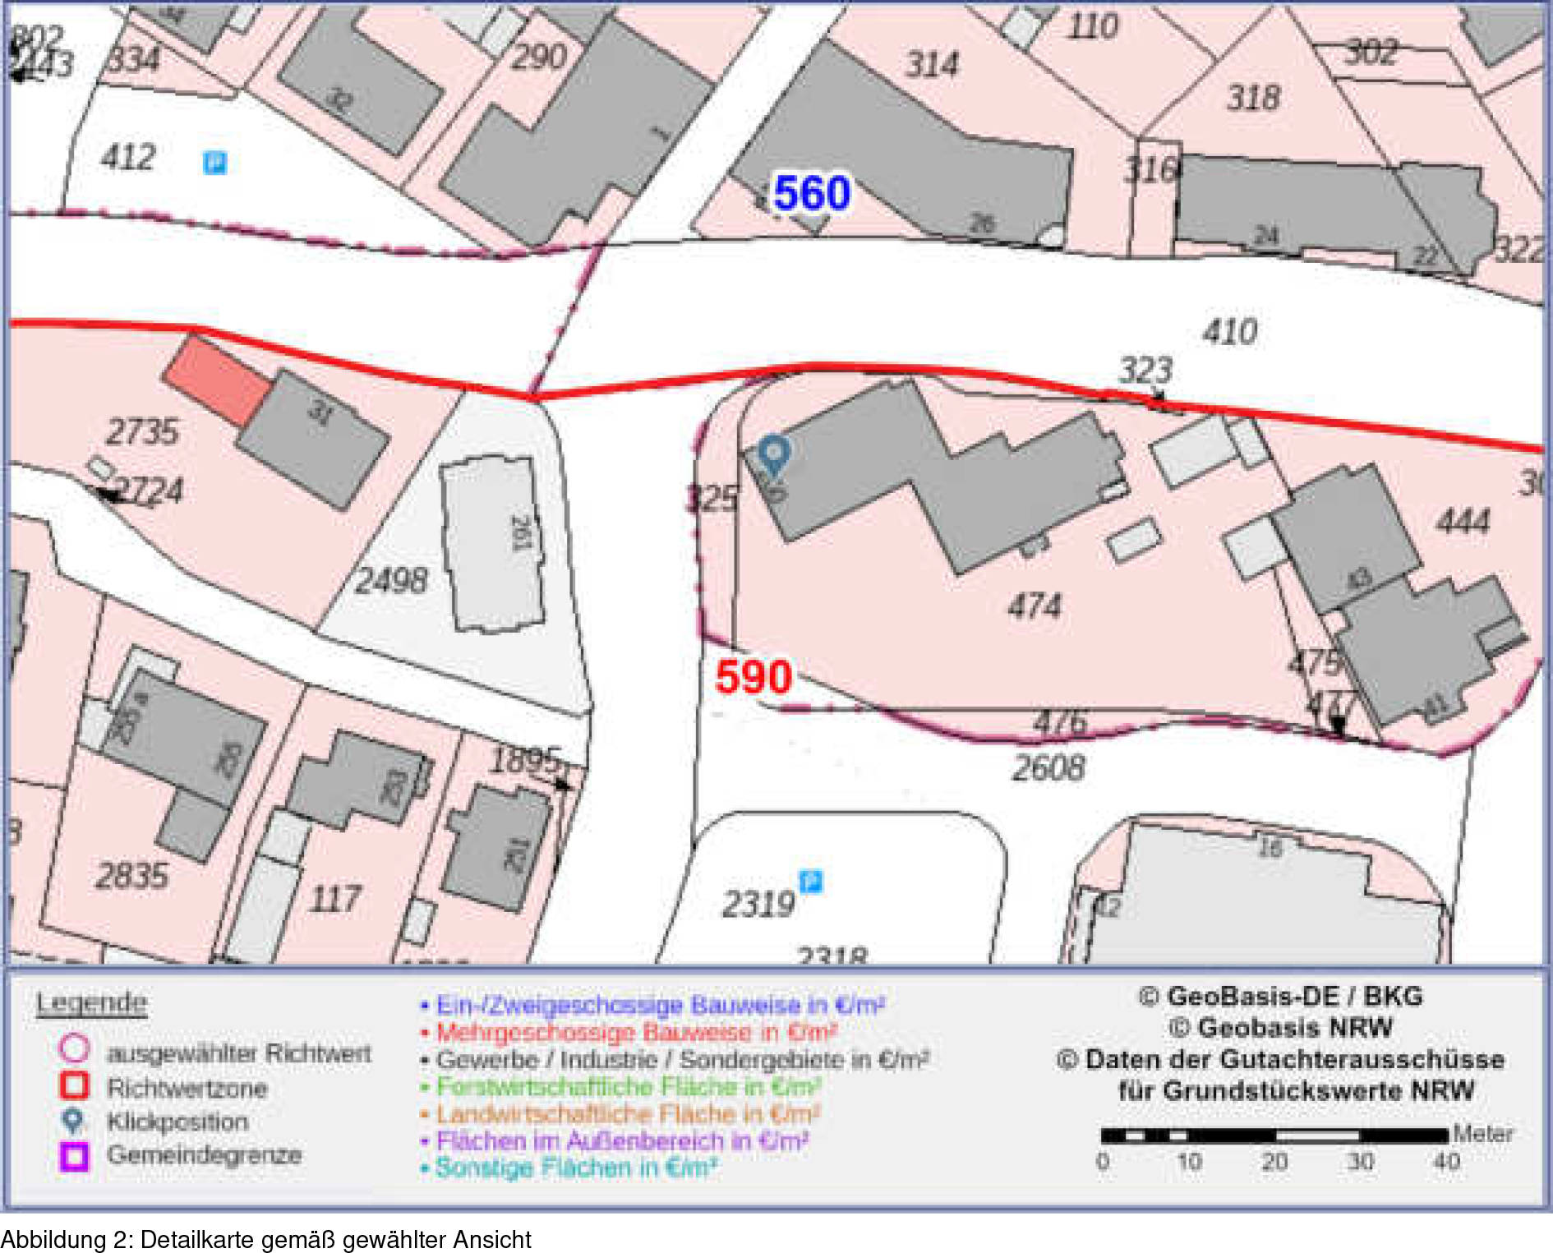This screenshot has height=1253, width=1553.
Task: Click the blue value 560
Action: pyautogui.click(x=811, y=194)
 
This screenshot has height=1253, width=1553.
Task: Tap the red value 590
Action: pyautogui.click(x=753, y=677)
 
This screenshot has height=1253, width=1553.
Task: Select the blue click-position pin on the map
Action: pyautogui.click(x=773, y=453)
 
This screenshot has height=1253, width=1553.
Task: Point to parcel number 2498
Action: pyautogui.click(x=391, y=581)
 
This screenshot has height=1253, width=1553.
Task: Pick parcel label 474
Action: pyautogui.click(x=1035, y=606)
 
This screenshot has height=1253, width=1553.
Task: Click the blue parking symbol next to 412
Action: pyautogui.click(x=214, y=163)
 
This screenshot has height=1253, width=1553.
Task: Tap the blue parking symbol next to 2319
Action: pyautogui.click(x=811, y=882)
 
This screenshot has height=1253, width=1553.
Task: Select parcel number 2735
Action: pyautogui.click(x=142, y=432)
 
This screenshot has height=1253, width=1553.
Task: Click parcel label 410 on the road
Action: pyautogui.click(x=1229, y=332)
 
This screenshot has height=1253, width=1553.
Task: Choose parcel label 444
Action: pyautogui.click(x=1463, y=522)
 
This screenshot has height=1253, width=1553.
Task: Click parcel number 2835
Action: pyautogui.click(x=131, y=876)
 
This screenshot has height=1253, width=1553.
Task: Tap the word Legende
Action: pyautogui.click(x=91, y=1002)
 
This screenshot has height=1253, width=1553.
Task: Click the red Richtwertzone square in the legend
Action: pyautogui.click(x=74, y=1085)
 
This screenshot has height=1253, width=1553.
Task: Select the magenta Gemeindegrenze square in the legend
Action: pyautogui.click(x=74, y=1155)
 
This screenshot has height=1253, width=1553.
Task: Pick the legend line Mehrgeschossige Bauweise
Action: pyautogui.click(x=636, y=1032)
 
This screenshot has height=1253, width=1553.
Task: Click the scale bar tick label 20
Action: pyautogui.click(x=1274, y=1162)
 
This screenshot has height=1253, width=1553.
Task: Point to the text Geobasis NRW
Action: pyautogui.click(x=1280, y=1028)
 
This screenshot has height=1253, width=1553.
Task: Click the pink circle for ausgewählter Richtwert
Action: pyautogui.click(x=74, y=1048)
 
